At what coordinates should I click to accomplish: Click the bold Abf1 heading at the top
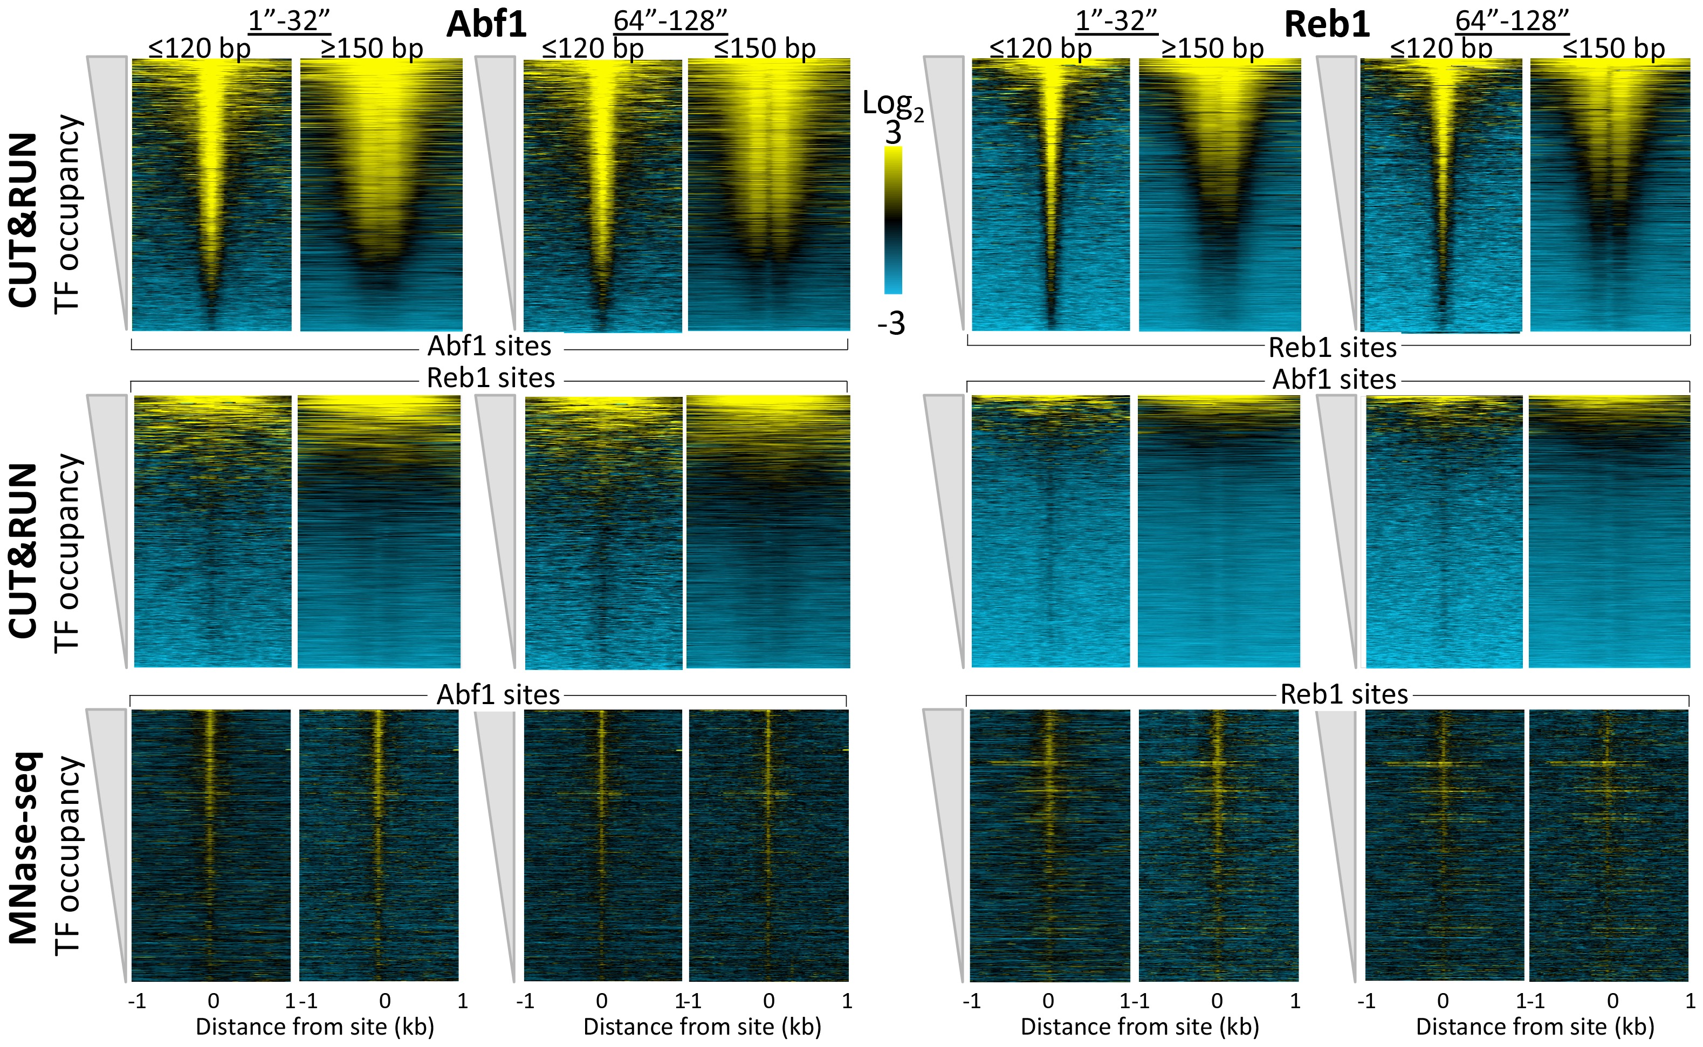coord(486,24)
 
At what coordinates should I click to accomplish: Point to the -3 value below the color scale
coord(891,323)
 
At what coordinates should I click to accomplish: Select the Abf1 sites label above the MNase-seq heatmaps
coord(497,694)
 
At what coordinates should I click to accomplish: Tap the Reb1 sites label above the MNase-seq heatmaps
coord(1343,694)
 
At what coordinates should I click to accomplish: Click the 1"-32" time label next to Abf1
coord(289,21)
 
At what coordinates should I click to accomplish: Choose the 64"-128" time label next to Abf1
coord(670,21)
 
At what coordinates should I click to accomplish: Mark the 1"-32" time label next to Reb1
coord(1116,21)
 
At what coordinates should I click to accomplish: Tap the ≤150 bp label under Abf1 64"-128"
coord(765,49)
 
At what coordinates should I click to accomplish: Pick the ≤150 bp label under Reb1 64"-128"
coord(1613,49)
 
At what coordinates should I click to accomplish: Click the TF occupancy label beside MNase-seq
coord(68,855)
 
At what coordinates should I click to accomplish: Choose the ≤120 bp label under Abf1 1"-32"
coord(199,49)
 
